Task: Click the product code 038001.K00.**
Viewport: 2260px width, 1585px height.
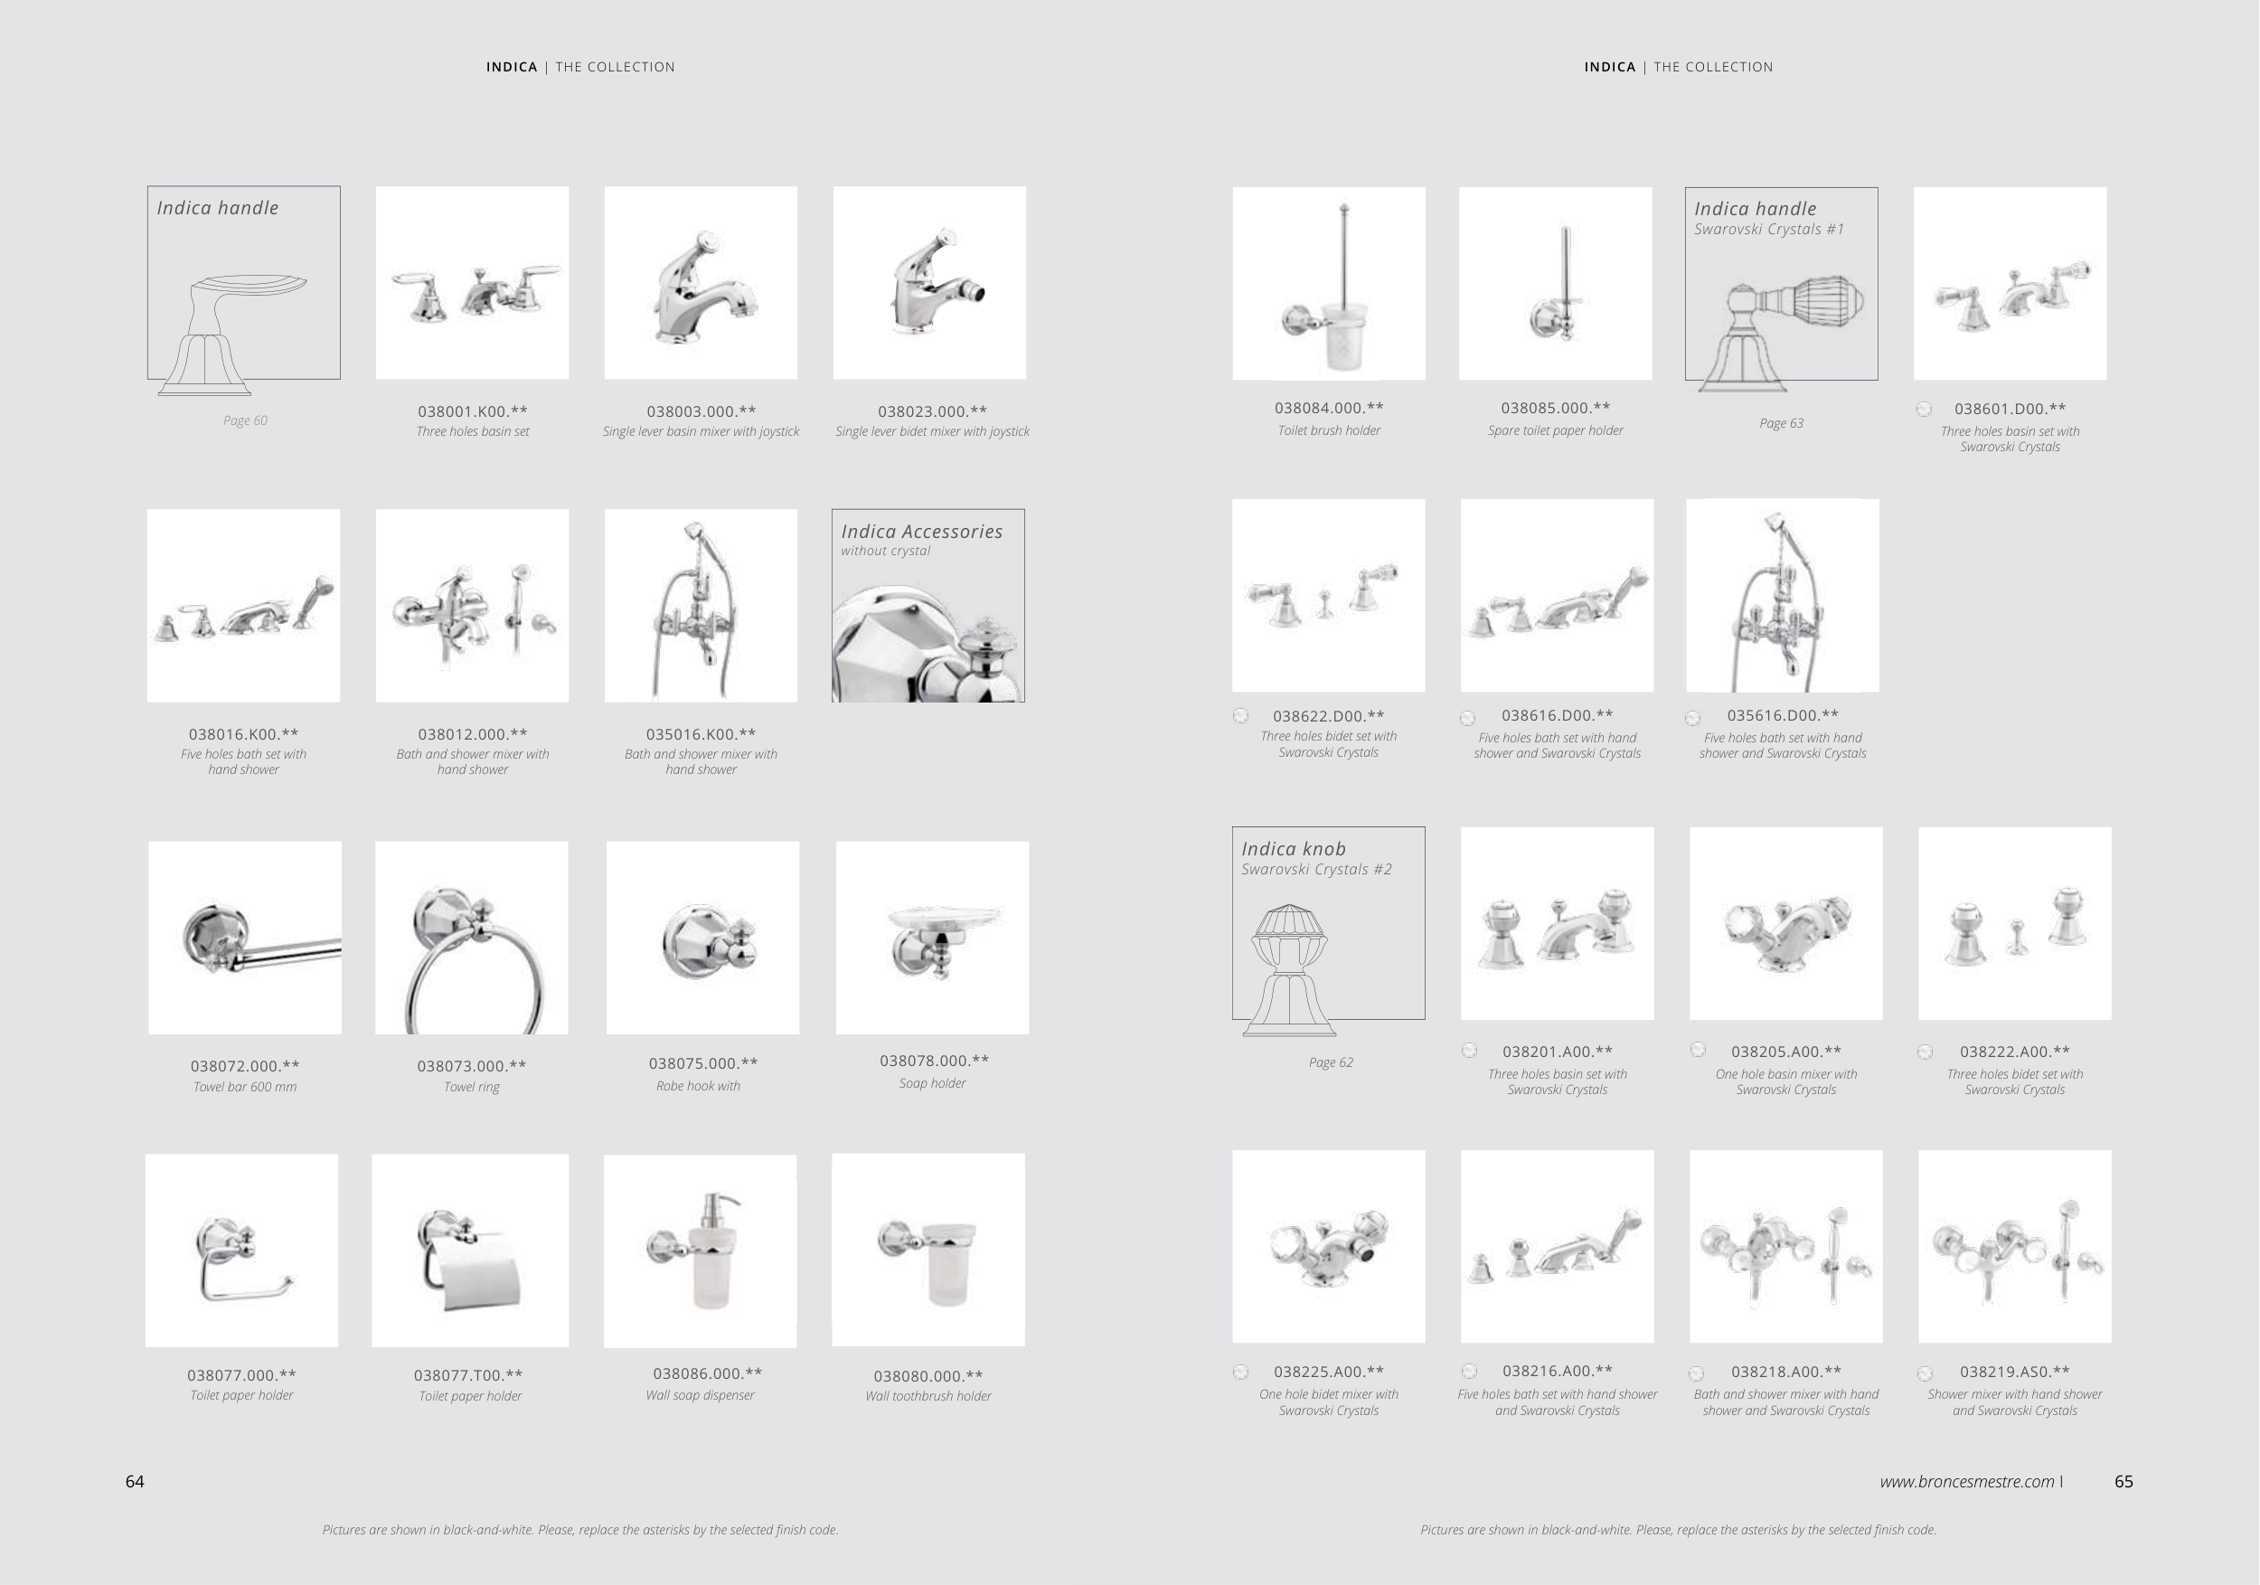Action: [x=473, y=411]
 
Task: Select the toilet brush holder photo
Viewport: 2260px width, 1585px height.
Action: [x=1329, y=284]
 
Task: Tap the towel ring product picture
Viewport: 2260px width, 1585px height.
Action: [x=472, y=938]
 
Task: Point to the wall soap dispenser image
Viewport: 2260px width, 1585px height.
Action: [x=700, y=1250]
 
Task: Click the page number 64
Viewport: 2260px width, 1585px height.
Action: [x=135, y=1482]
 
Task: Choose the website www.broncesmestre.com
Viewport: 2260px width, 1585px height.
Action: [x=1967, y=1482]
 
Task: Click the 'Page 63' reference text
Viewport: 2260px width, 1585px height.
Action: [x=1782, y=423]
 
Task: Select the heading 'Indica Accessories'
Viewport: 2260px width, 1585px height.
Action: [x=922, y=532]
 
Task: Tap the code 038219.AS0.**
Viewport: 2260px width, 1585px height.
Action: [x=2014, y=1372]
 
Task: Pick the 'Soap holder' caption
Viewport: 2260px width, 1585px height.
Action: [x=932, y=1083]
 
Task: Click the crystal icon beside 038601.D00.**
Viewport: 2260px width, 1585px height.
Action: [x=1925, y=410]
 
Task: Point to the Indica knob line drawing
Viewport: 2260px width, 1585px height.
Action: [x=1289, y=969]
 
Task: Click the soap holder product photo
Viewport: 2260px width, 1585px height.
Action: [x=932, y=938]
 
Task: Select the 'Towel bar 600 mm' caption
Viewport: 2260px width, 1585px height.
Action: [x=245, y=1087]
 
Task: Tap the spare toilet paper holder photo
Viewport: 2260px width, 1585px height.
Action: [x=1555, y=284]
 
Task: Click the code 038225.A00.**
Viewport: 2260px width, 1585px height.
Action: [x=1329, y=1372]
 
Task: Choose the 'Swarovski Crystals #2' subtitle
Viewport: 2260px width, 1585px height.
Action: [x=1317, y=869]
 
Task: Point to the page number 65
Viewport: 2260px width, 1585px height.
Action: [x=2124, y=1482]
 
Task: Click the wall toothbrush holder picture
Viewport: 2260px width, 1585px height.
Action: [x=928, y=1250]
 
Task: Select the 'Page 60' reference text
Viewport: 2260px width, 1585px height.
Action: [x=245, y=420]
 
